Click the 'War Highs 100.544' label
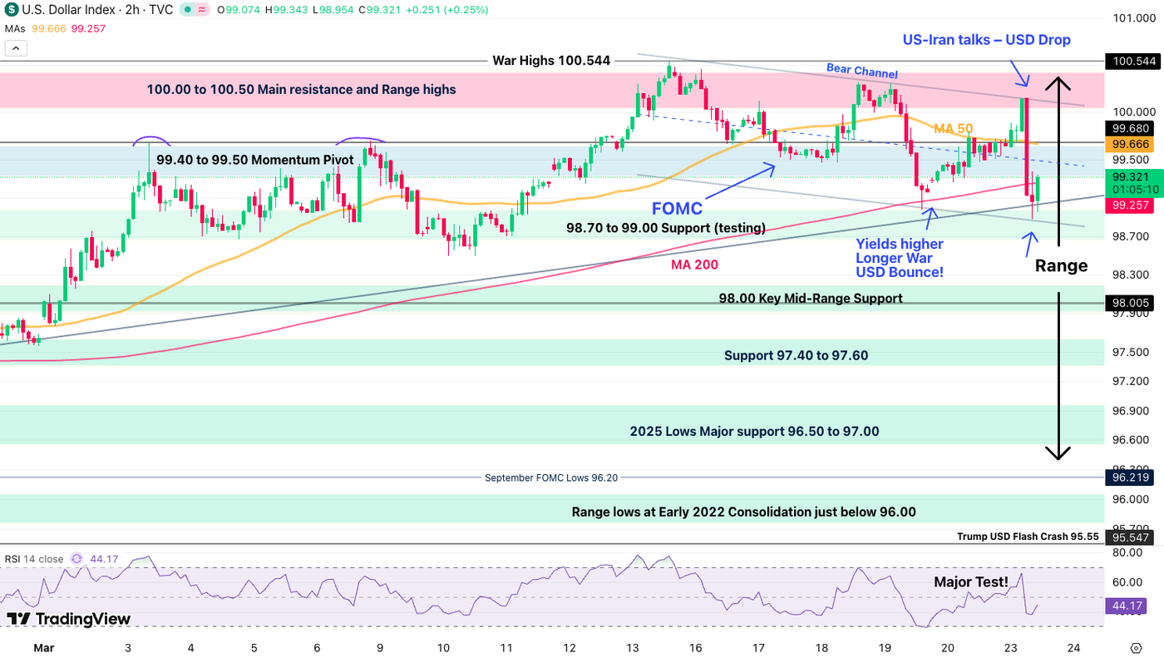[x=551, y=61]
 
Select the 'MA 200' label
[x=694, y=265]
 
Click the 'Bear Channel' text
[x=861, y=72]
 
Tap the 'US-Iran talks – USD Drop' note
[x=986, y=40]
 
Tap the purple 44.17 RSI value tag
[x=1125, y=606]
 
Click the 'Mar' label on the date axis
[x=45, y=647]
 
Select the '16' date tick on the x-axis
[x=695, y=647]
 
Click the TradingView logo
[x=69, y=619]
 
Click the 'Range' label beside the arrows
[x=1061, y=266]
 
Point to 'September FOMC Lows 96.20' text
[x=551, y=477]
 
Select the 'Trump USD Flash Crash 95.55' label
[x=1028, y=537]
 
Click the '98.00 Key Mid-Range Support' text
[x=811, y=298]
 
